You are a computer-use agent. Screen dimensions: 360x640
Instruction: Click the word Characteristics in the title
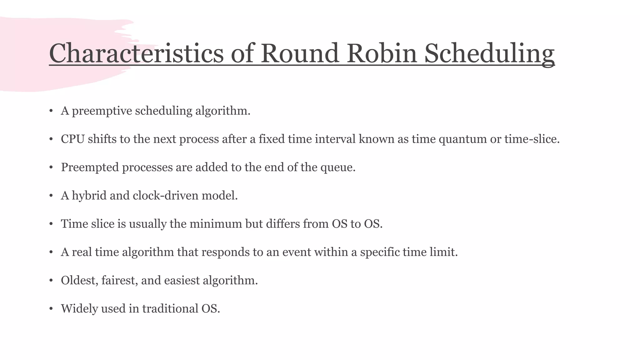click(x=136, y=53)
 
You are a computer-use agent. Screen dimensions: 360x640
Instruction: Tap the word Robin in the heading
click(x=382, y=53)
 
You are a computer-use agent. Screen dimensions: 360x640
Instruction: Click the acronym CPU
click(x=73, y=139)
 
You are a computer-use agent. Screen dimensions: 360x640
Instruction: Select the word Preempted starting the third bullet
click(x=90, y=167)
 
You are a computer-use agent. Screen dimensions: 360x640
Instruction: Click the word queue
click(x=337, y=167)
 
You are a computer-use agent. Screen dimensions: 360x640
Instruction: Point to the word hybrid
click(x=89, y=196)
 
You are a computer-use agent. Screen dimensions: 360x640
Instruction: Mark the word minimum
click(x=216, y=224)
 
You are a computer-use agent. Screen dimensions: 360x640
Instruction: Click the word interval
click(x=335, y=139)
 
